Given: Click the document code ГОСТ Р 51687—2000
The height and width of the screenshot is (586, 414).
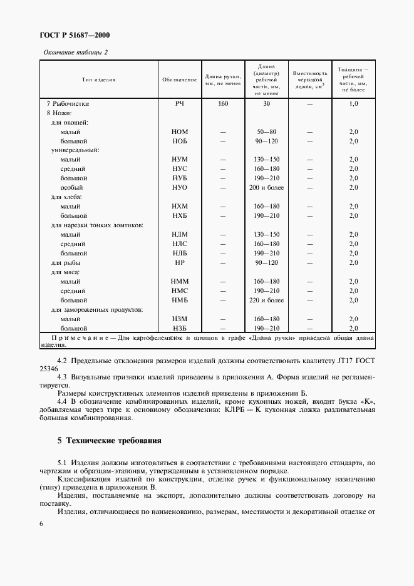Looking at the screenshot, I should (x=74, y=35).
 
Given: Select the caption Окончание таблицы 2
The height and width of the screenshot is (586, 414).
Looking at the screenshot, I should (x=75, y=52).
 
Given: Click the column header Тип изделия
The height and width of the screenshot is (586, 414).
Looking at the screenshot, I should (x=98, y=80).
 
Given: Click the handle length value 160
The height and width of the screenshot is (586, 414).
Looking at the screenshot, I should (x=223, y=103).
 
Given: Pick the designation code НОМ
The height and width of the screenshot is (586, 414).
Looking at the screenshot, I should (x=180, y=131).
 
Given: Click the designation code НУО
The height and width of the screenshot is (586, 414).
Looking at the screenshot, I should (x=180, y=188).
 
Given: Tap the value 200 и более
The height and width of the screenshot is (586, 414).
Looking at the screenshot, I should (x=266, y=188).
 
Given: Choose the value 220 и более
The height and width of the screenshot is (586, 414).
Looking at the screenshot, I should (x=266, y=301).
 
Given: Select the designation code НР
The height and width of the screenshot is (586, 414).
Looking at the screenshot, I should (x=180, y=263).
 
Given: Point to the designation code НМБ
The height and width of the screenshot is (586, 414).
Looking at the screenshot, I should (x=180, y=301).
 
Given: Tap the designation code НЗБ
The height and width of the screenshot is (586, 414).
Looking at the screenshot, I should (x=180, y=329).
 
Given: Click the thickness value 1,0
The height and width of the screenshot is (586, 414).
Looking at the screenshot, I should (x=353, y=103).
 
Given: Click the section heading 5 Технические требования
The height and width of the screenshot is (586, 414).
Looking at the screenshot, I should (x=110, y=440).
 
